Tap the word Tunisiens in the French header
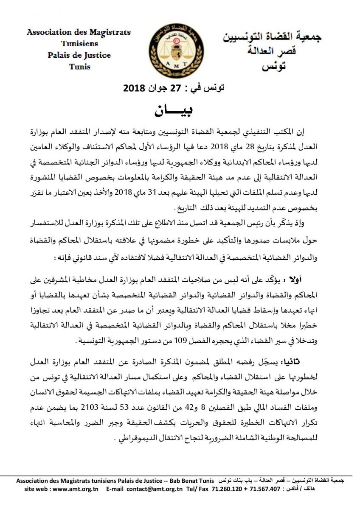pyautogui.click(x=79, y=44)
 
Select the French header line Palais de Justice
pyautogui.click(x=79, y=55)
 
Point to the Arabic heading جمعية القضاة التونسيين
pyautogui.click(x=272, y=37)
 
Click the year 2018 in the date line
pyautogui.click(x=134, y=89)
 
